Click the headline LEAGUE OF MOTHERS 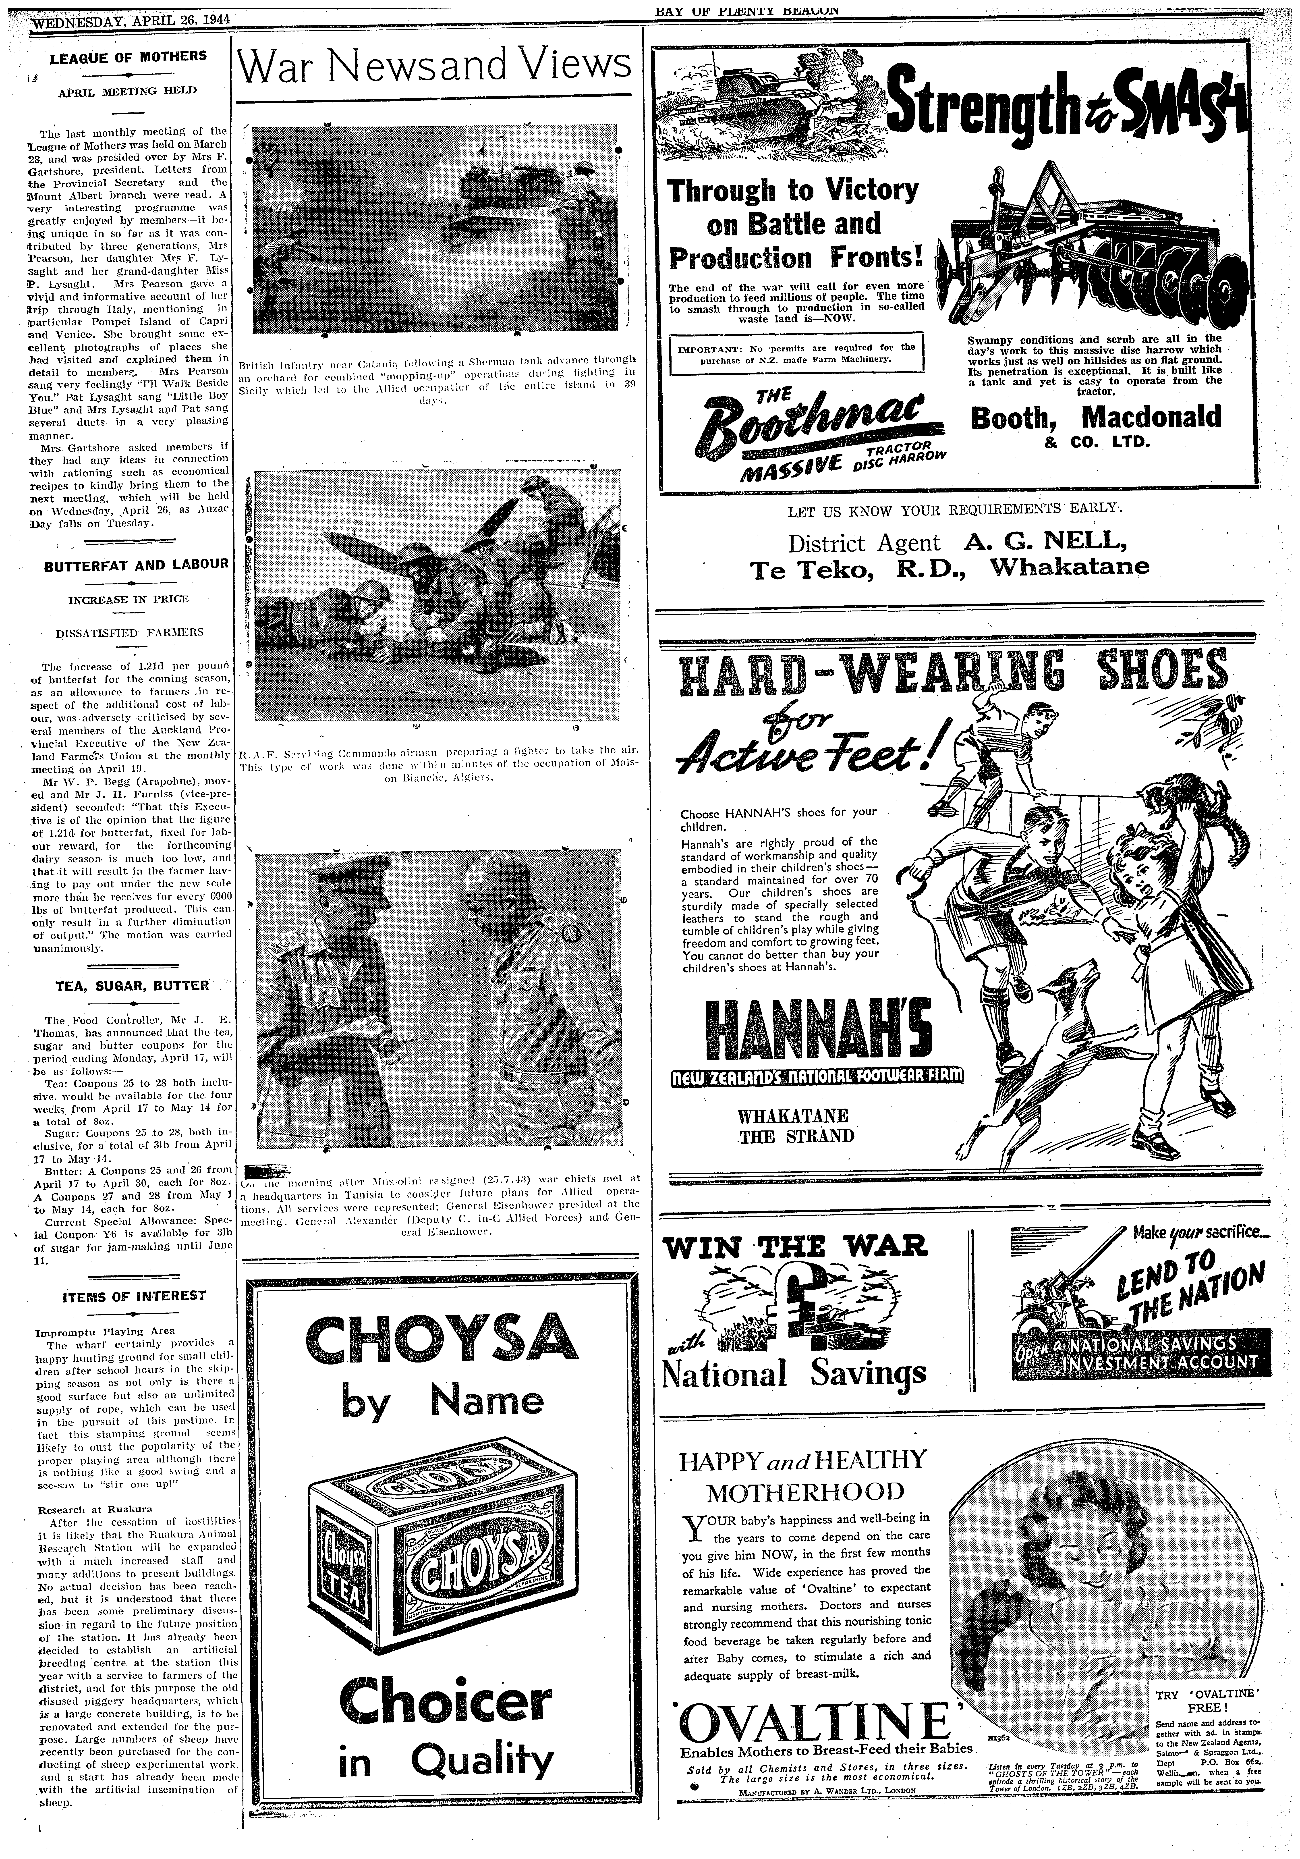(x=128, y=58)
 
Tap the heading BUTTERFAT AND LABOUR (x=136, y=563)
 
